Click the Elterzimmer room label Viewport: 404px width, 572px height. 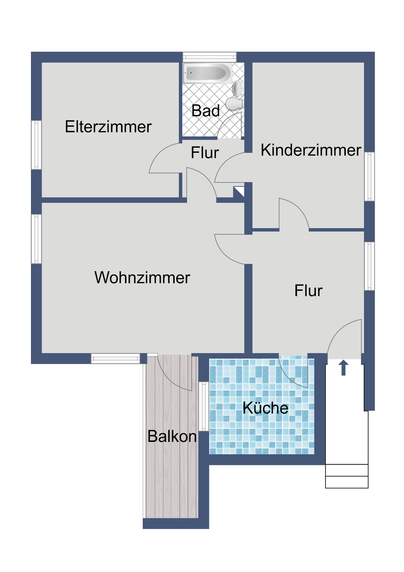108,127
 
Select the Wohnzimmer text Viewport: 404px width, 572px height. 142,277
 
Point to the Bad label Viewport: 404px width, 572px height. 205,110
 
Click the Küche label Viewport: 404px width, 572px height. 265,408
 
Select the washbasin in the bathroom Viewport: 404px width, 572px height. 238,88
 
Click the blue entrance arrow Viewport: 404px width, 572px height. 344,368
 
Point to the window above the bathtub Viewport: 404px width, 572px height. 210,57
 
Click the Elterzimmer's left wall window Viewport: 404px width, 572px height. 36,145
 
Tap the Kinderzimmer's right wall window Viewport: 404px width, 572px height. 369,177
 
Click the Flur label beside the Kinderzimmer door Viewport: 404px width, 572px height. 205,153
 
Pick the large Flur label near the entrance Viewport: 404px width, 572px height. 309,290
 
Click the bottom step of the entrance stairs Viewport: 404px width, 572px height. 346,482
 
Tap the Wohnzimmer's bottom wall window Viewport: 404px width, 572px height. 116,359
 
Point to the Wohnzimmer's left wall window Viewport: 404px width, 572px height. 36,239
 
